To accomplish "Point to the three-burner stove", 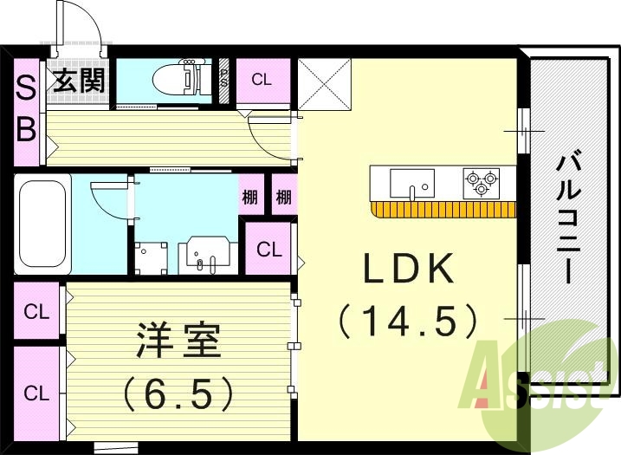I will click(482, 183).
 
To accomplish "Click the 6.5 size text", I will click(178, 393).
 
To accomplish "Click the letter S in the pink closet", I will click(26, 88).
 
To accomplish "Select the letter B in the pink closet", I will click(26, 129).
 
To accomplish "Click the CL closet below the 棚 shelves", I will click(268, 250).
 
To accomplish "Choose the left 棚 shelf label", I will click(250, 198).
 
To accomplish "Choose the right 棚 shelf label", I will click(283, 198).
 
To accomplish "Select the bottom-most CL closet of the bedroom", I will click(36, 393).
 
